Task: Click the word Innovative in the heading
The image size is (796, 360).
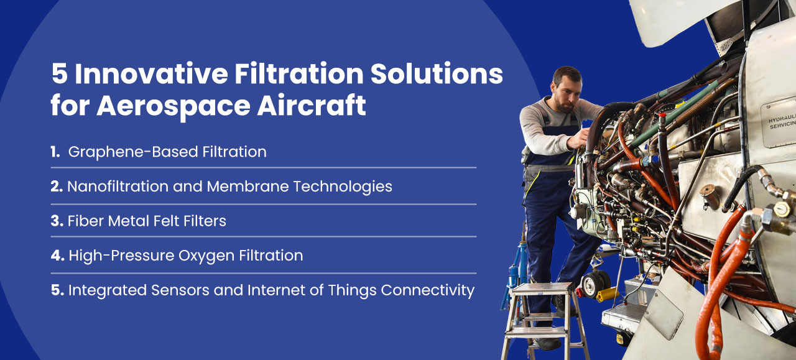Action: (151, 73)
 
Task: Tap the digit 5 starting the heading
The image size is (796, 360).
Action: (59, 74)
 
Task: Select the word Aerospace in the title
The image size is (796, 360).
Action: (174, 106)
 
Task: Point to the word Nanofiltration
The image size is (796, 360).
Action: (118, 187)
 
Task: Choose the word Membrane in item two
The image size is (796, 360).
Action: (248, 187)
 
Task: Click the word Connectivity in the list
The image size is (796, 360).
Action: (427, 291)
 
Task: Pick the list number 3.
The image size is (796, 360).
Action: (57, 221)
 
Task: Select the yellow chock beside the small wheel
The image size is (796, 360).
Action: (608, 294)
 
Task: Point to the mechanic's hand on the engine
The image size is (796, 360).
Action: (578, 139)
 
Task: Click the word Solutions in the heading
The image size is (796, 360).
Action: (437, 73)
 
